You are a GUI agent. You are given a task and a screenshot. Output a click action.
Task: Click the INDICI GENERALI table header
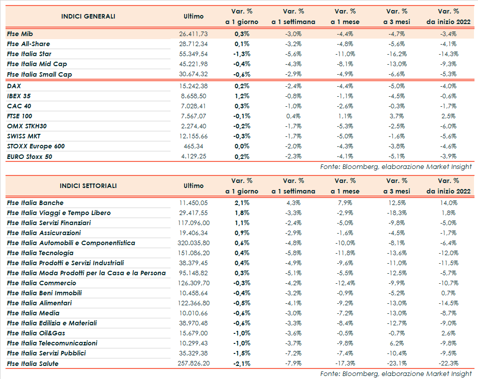pyautogui.click(x=88, y=17)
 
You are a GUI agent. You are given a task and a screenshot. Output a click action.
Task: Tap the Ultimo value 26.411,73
pyautogui.click(x=193, y=34)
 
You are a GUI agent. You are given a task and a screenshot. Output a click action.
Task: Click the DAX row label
pyautogui.click(x=15, y=86)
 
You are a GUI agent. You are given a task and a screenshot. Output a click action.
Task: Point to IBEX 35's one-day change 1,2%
pyautogui.click(x=242, y=96)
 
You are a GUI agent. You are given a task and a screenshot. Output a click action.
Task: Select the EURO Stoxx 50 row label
pyautogui.click(x=30, y=157)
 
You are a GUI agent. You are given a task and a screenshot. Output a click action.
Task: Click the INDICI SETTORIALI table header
pyautogui.click(x=88, y=186)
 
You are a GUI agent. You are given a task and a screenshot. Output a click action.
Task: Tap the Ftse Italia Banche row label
pyautogui.click(x=35, y=203)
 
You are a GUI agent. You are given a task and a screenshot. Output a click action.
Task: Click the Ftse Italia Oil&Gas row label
pyautogui.click(x=36, y=333)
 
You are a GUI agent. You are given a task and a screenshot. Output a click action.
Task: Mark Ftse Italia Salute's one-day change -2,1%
pyautogui.click(x=241, y=363)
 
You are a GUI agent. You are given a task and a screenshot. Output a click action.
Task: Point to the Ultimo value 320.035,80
pyautogui.click(x=193, y=243)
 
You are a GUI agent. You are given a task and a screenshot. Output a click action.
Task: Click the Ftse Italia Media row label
pyautogui.click(x=33, y=313)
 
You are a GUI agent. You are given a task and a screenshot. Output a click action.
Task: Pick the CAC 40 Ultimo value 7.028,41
pyautogui.click(x=193, y=106)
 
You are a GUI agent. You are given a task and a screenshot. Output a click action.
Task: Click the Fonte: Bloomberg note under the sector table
pyautogui.click(x=396, y=373)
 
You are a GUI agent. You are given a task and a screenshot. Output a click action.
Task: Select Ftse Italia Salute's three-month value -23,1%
pyautogui.click(x=398, y=363)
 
